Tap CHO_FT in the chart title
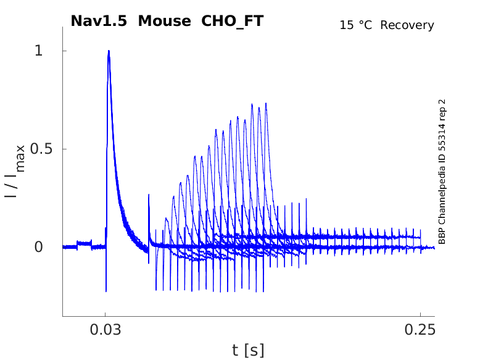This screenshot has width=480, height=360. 233,21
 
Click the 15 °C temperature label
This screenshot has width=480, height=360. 357,25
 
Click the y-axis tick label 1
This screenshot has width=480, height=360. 39,51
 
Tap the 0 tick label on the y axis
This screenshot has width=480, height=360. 39,247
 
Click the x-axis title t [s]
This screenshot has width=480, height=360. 248,350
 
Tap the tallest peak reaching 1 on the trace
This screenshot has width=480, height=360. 109,52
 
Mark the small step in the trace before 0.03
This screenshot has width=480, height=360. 84,243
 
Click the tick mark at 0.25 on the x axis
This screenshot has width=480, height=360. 420,314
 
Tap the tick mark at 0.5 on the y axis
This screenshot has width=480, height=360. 64,149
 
